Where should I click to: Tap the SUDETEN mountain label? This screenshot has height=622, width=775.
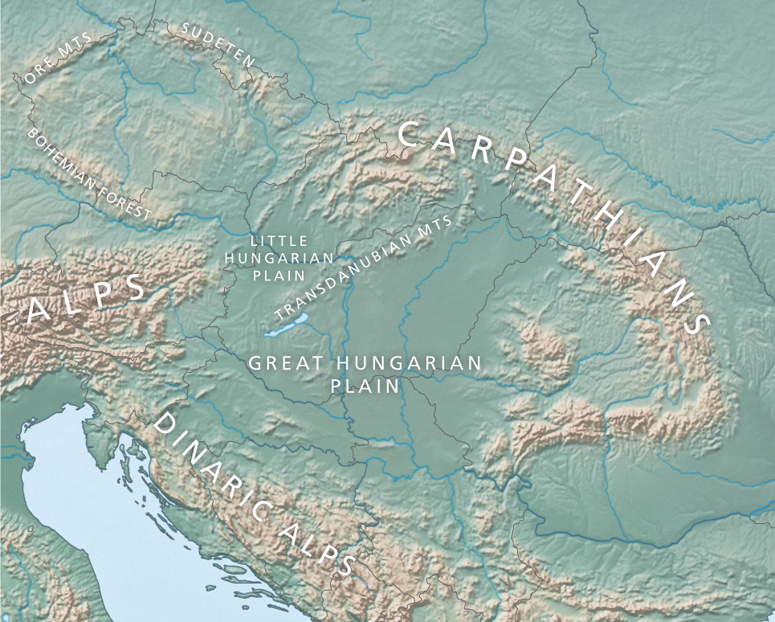pyautogui.click(x=218, y=44)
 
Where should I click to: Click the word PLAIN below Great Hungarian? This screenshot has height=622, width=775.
pyautogui.click(x=365, y=386)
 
